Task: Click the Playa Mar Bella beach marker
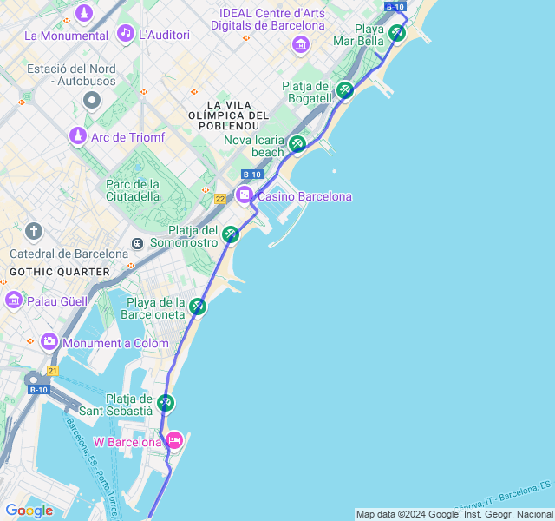396,33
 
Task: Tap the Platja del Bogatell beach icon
345,89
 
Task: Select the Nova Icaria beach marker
297,143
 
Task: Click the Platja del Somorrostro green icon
230,234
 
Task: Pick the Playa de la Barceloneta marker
198,306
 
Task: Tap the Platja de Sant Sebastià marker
166,403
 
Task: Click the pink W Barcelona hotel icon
174,441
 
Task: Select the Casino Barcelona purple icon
245,195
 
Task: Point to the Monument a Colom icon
49,342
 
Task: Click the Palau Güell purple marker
14,300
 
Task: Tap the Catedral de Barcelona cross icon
34,231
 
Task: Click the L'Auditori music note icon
126,34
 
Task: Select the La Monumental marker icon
84,13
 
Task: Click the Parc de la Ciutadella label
133,189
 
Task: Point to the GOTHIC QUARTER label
59,272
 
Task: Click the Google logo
29,511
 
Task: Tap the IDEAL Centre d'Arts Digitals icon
301,44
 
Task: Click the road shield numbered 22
220,199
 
